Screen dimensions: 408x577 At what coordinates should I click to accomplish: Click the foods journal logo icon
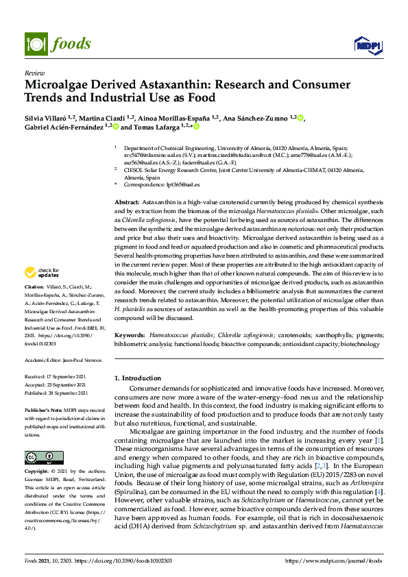[x=34, y=43]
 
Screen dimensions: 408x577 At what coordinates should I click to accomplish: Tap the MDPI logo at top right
[x=367, y=45]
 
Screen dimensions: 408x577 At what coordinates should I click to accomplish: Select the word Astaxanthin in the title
[x=173, y=86]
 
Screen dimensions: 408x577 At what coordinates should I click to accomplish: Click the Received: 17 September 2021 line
[x=58, y=376]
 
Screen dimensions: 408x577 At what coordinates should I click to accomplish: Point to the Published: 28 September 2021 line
[x=60, y=393]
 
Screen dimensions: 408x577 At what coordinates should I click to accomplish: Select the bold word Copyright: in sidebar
[x=38, y=472]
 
